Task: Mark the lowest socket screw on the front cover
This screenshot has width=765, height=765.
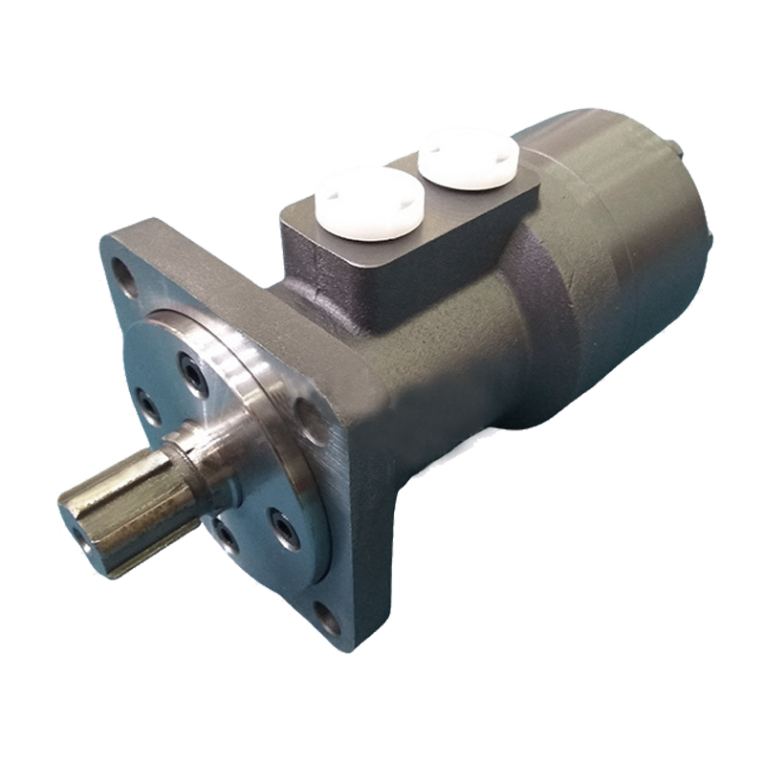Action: [224, 535]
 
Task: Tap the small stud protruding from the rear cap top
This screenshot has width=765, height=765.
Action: [676, 147]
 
